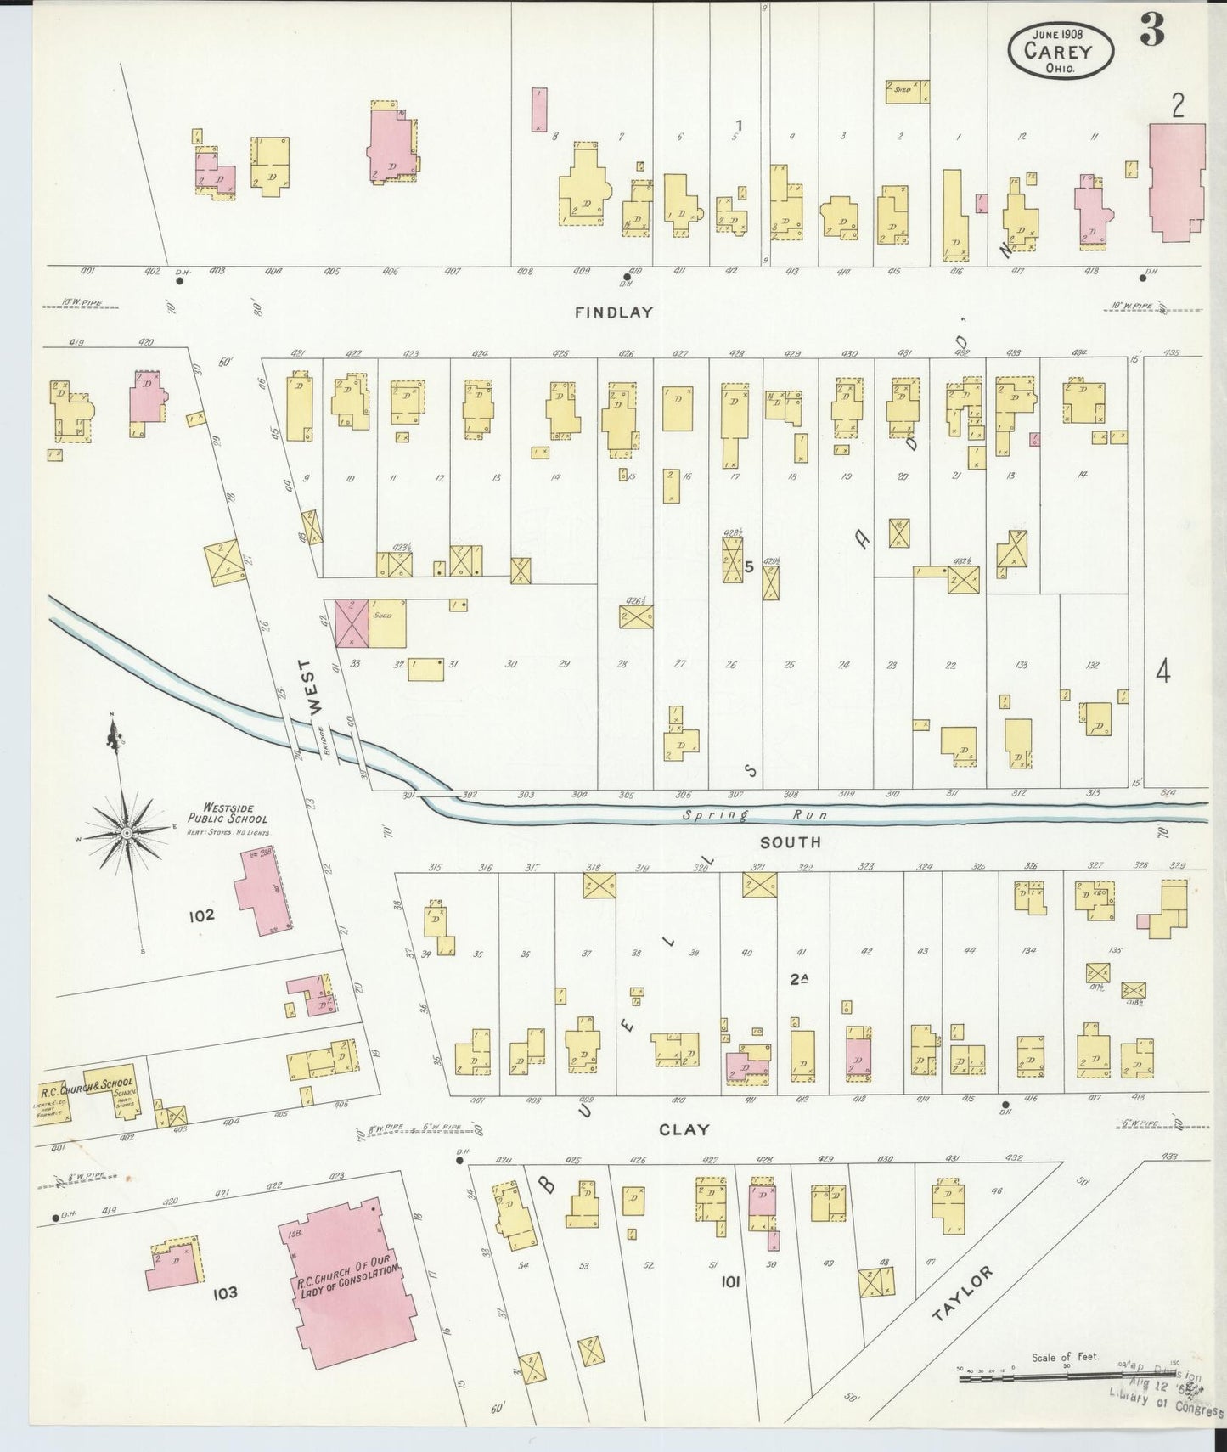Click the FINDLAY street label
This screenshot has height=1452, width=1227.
pyautogui.click(x=613, y=312)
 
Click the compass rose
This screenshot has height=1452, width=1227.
pyautogui.click(x=126, y=832)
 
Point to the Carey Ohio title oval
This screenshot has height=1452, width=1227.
pyautogui.click(x=1061, y=50)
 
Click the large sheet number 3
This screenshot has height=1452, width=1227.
pyautogui.click(x=1151, y=32)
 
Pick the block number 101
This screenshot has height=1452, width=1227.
pyautogui.click(x=729, y=1281)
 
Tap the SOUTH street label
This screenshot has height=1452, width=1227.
pyautogui.click(x=790, y=842)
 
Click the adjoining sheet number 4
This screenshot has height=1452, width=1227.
pyautogui.click(x=1162, y=672)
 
